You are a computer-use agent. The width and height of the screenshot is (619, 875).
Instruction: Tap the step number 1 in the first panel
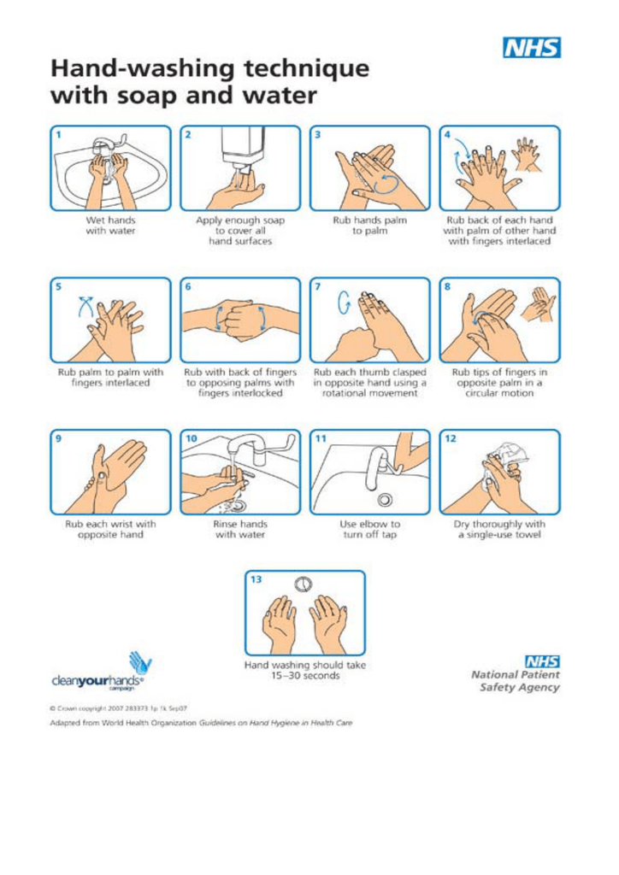pyautogui.click(x=59, y=134)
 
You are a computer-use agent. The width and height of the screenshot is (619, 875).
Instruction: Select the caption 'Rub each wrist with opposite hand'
pyautogui.click(x=109, y=530)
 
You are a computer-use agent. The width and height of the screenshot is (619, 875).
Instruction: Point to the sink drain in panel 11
pyautogui.click(x=385, y=500)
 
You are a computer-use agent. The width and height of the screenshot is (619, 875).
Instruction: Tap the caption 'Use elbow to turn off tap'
pyautogui.click(x=369, y=530)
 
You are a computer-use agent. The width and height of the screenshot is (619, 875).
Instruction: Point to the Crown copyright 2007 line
pyautogui.click(x=119, y=708)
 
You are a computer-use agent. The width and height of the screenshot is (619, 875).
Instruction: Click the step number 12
pyautogui.click(x=451, y=438)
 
